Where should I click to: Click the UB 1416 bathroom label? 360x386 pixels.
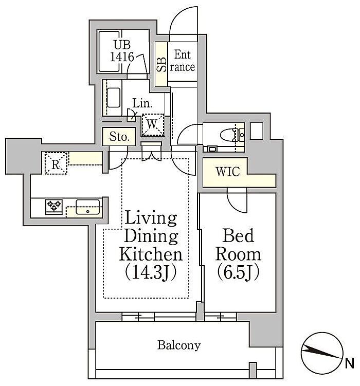[x=122, y=51]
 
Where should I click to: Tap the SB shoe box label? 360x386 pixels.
[x=161, y=64]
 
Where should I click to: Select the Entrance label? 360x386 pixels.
[x=183, y=61]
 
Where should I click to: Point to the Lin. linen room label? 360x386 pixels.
[x=142, y=103]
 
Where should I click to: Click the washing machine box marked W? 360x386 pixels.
[x=153, y=125]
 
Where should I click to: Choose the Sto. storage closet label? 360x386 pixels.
[x=119, y=136]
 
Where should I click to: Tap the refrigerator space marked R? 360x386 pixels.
[x=56, y=163]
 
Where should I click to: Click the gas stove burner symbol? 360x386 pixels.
[x=54, y=206]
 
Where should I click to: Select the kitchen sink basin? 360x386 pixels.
[x=88, y=207]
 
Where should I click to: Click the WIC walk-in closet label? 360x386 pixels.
[x=228, y=172]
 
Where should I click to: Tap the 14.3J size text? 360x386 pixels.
[x=151, y=272]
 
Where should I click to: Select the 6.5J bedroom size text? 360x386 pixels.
[x=238, y=272]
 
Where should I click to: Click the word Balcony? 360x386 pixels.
[x=179, y=345]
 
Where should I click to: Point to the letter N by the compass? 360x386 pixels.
[x=349, y=363]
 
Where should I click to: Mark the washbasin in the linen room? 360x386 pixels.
[x=114, y=98]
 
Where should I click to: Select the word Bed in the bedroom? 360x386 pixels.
[x=238, y=235]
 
